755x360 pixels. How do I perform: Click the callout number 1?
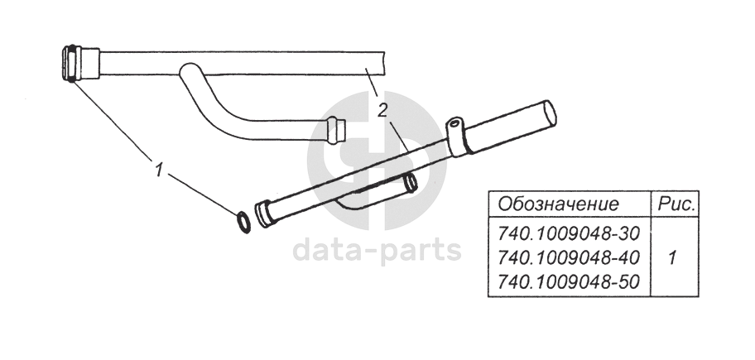(x=156, y=170)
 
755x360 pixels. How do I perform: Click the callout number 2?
(x=382, y=109)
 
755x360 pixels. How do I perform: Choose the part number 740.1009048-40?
(x=565, y=257)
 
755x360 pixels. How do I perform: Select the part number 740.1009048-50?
(x=565, y=282)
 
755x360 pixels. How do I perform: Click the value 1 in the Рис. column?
(x=671, y=257)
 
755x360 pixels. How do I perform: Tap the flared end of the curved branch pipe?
(x=336, y=130)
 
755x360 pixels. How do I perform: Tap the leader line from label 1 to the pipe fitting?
(x=115, y=121)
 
